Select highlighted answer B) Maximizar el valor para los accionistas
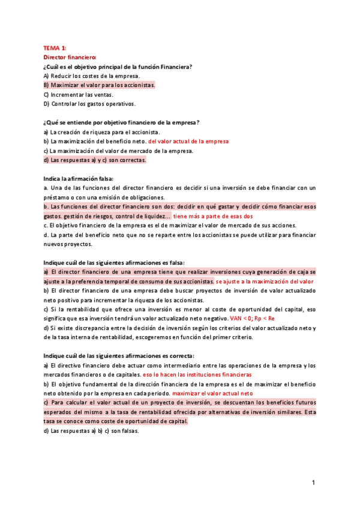coord(99,85)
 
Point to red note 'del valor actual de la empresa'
coord(188,142)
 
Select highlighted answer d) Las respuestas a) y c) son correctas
coord(95,160)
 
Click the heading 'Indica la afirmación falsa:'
coord(78,179)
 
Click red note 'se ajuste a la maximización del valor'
coord(265,282)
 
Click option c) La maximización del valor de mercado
coord(118,151)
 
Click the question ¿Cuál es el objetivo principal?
coord(118,66)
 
